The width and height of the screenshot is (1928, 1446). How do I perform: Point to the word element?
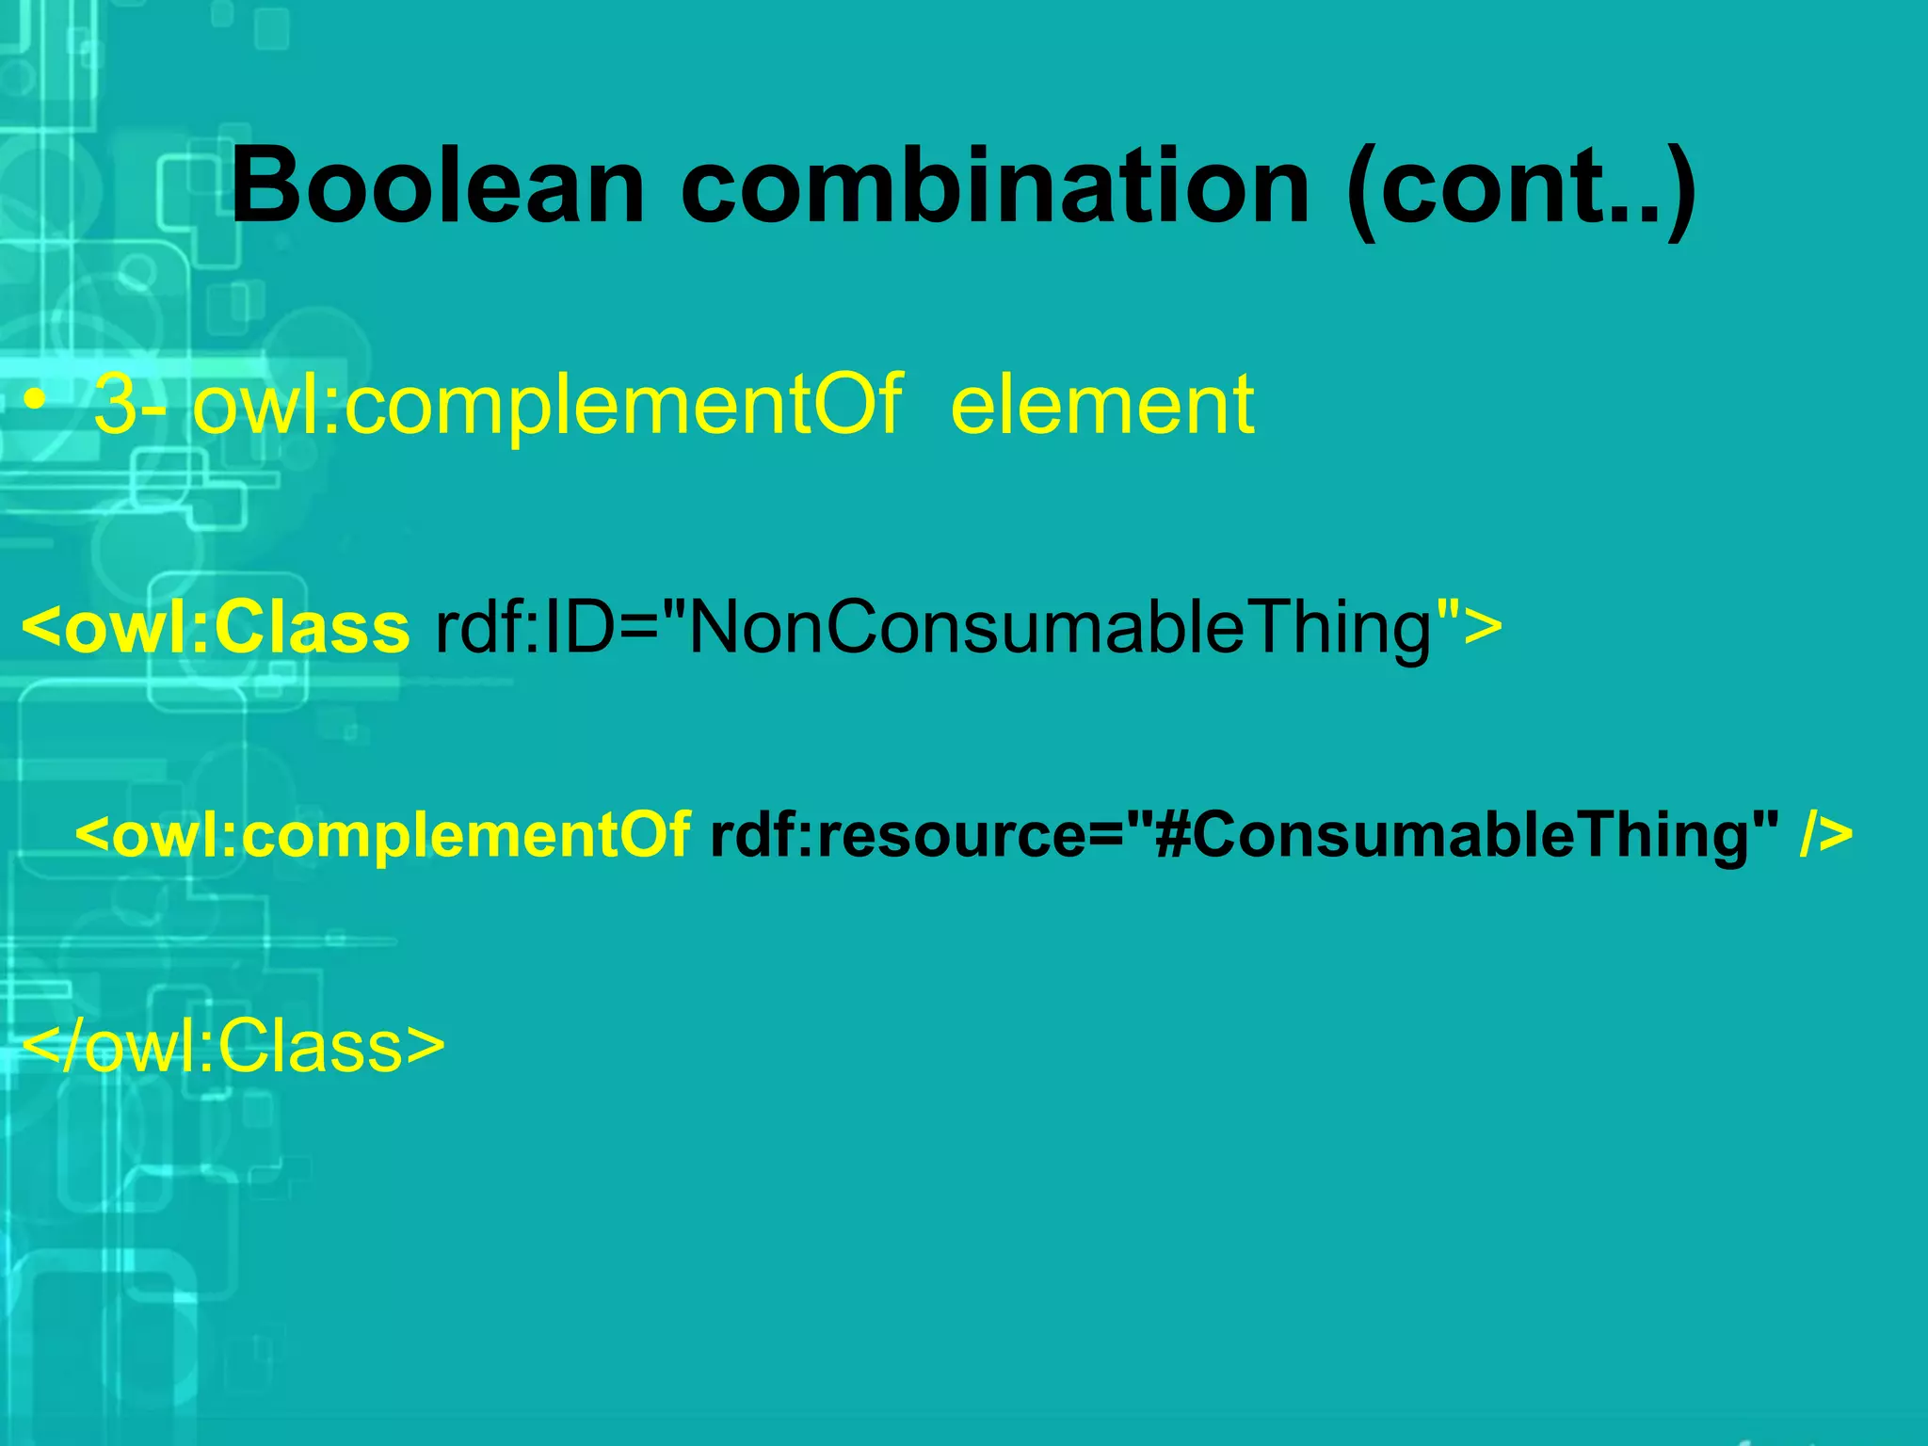[1102, 405]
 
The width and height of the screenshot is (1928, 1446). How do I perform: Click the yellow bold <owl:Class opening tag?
[216, 628]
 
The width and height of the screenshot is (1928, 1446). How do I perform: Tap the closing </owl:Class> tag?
[232, 1046]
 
